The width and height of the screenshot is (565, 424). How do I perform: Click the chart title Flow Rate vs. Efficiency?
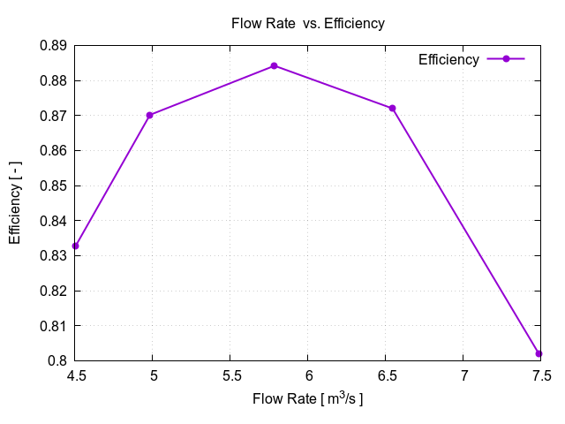pyautogui.click(x=307, y=24)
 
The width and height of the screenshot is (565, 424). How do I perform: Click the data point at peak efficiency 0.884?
pyautogui.click(x=274, y=65)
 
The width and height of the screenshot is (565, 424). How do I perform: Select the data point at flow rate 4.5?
pyautogui.click(x=76, y=246)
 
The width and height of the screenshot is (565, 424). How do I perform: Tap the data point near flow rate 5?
pyautogui.click(x=150, y=115)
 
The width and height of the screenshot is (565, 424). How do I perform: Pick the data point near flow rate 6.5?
pyautogui.click(x=392, y=108)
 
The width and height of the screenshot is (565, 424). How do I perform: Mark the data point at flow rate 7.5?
pyautogui.click(x=539, y=353)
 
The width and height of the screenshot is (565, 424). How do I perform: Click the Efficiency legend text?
pyautogui.click(x=448, y=59)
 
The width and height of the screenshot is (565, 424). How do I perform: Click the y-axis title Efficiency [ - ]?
pyautogui.click(x=15, y=202)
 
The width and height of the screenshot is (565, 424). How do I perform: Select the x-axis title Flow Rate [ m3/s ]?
pyautogui.click(x=307, y=398)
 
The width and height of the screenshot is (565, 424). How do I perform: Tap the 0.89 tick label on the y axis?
pyautogui.click(x=54, y=45)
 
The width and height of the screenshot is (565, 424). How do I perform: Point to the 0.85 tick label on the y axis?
pyautogui.click(x=54, y=185)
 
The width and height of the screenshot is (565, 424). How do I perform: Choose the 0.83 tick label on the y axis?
pyautogui.click(x=54, y=255)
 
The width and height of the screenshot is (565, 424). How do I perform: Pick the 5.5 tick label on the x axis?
pyautogui.click(x=230, y=376)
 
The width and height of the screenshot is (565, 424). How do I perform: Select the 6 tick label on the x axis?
pyautogui.click(x=308, y=376)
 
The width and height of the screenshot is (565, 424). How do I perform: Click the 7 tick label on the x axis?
pyautogui.click(x=463, y=376)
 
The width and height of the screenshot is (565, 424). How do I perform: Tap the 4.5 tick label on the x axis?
pyautogui.click(x=76, y=376)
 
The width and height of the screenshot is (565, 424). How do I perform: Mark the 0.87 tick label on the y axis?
pyautogui.click(x=54, y=116)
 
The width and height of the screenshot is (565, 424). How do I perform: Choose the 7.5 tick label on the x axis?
pyautogui.click(x=540, y=376)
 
